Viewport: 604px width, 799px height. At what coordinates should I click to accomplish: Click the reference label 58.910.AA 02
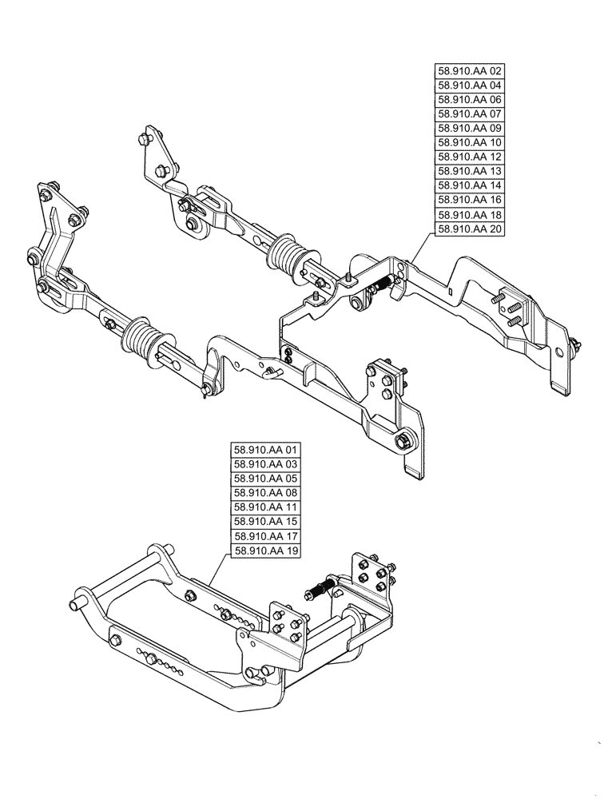pos(471,70)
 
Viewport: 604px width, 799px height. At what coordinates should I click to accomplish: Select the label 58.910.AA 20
pos(471,228)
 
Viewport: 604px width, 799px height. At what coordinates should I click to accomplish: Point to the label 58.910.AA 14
pos(471,185)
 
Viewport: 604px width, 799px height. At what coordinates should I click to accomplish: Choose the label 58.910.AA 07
pos(471,113)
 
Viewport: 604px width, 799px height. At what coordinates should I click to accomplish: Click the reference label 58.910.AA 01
pos(264,450)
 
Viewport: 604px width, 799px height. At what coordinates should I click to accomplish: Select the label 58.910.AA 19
pos(264,551)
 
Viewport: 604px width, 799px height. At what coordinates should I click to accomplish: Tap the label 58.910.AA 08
pos(264,493)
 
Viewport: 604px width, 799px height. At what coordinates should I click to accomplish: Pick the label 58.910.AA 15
pos(264,522)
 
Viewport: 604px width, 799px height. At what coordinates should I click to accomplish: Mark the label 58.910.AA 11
pos(264,507)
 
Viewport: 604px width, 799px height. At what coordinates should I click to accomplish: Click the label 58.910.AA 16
pos(471,199)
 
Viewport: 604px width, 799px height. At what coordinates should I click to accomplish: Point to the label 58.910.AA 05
pos(264,479)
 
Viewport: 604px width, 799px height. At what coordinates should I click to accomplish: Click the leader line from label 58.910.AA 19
pos(220,570)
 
